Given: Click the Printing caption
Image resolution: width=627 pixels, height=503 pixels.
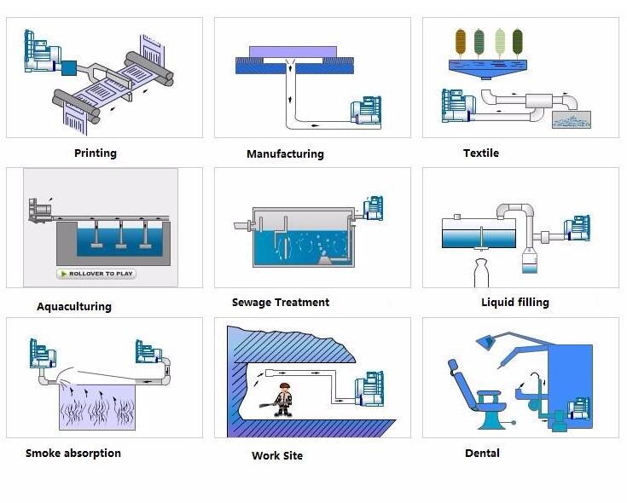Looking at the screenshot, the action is click(96, 153).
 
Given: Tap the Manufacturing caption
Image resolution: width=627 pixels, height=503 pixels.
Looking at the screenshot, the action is click(285, 153).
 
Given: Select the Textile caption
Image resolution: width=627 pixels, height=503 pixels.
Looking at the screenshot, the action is click(481, 153).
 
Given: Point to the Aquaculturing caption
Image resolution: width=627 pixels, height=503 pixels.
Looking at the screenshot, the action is click(74, 306).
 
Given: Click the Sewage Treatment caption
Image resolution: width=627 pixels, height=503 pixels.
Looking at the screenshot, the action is click(281, 302).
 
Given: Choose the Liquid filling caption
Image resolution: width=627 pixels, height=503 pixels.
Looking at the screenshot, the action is click(515, 302).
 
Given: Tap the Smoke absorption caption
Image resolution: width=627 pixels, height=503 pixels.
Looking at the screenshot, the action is click(73, 453).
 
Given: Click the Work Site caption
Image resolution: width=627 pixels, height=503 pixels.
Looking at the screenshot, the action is click(277, 455).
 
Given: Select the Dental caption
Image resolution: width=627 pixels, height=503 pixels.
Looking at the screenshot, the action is click(482, 453).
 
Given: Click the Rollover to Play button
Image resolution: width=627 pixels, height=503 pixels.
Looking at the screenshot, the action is click(96, 274).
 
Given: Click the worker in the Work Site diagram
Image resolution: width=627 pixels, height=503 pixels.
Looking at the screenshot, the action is click(282, 400).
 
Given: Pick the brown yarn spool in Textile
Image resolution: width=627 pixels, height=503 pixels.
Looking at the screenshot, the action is click(461, 41).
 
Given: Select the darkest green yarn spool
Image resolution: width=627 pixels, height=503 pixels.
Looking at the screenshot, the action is click(518, 41).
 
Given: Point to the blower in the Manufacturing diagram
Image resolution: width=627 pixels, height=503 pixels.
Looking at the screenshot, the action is click(366, 113).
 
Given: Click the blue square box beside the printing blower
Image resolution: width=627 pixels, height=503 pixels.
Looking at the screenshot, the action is click(69, 68).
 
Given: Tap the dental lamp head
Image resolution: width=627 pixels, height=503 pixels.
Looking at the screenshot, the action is click(485, 343).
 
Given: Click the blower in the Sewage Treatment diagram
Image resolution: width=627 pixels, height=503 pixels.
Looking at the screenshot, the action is click(373, 208).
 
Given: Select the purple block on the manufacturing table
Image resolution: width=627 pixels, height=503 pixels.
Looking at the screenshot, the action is click(293, 52).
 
